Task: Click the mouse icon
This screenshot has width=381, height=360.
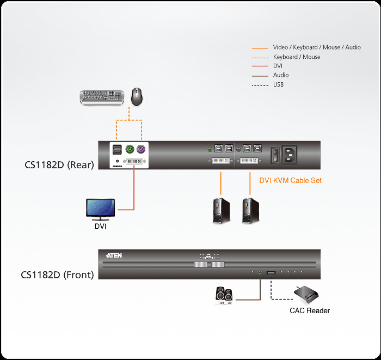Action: point(139,96)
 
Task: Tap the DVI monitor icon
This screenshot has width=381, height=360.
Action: point(101,209)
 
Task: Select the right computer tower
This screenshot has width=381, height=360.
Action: point(250,211)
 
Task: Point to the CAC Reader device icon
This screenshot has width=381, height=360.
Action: point(306,294)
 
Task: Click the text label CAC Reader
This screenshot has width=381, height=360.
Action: point(309,310)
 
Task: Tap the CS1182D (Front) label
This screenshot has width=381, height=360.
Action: point(57,274)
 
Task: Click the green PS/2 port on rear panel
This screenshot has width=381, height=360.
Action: point(130,149)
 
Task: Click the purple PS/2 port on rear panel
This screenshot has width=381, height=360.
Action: point(141,149)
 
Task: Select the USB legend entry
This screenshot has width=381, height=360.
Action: point(278,84)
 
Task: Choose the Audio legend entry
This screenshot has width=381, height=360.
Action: point(281,75)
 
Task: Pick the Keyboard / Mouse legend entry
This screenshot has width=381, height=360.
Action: point(296,57)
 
